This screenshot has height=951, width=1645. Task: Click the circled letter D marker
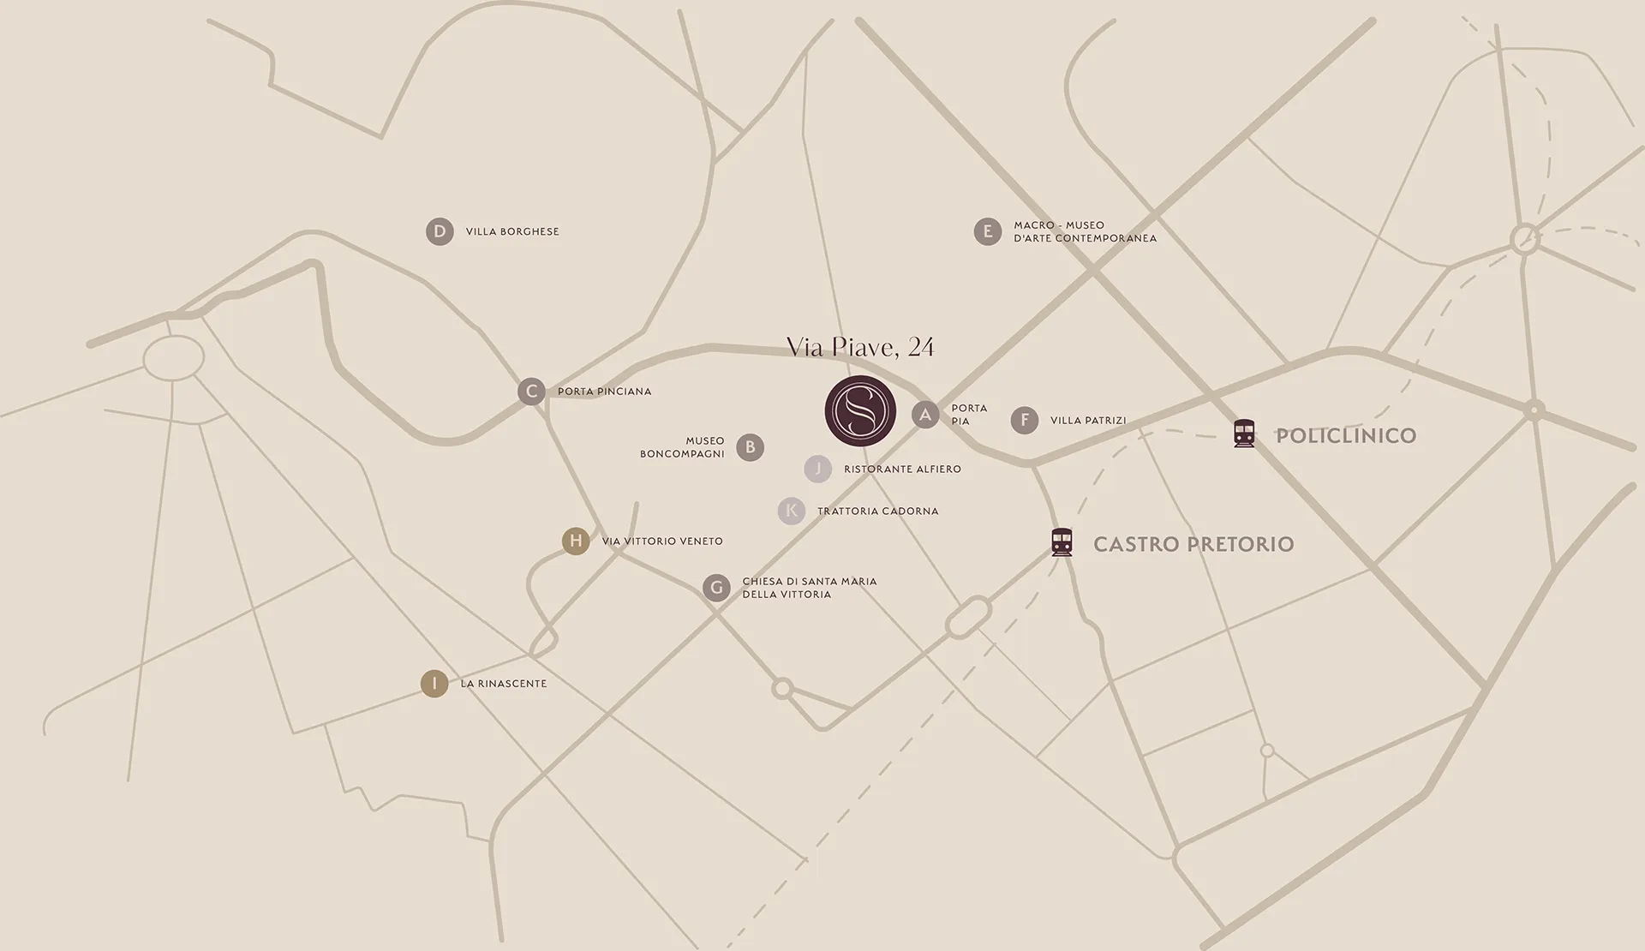click(x=440, y=231)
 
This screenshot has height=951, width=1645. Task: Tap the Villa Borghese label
click(x=511, y=231)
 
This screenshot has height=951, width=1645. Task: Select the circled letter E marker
click(x=988, y=231)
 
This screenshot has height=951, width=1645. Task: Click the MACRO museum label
click(x=1085, y=231)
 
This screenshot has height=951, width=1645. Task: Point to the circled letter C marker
click(x=531, y=392)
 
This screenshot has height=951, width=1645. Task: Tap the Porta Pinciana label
click(x=604, y=392)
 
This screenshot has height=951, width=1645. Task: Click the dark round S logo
click(x=860, y=410)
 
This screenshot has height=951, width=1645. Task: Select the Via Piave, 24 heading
click(x=860, y=347)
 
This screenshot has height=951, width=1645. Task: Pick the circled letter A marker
click(x=925, y=416)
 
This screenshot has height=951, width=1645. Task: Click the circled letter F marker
click(x=1025, y=420)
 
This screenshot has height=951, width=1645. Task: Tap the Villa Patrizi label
click(x=1088, y=421)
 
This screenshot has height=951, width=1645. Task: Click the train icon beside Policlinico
click(x=1244, y=434)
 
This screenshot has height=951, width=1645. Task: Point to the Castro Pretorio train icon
click(x=1062, y=542)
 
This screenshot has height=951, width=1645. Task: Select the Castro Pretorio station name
click(x=1193, y=544)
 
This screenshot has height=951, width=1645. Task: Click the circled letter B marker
click(x=751, y=447)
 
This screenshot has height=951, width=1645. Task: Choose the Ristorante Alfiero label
click(x=902, y=470)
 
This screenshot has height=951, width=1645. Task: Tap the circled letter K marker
click(x=792, y=511)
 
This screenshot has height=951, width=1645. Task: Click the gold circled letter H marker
click(x=576, y=541)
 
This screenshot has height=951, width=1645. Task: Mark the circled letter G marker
click(x=716, y=588)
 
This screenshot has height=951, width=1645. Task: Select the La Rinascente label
click(x=503, y=684)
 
